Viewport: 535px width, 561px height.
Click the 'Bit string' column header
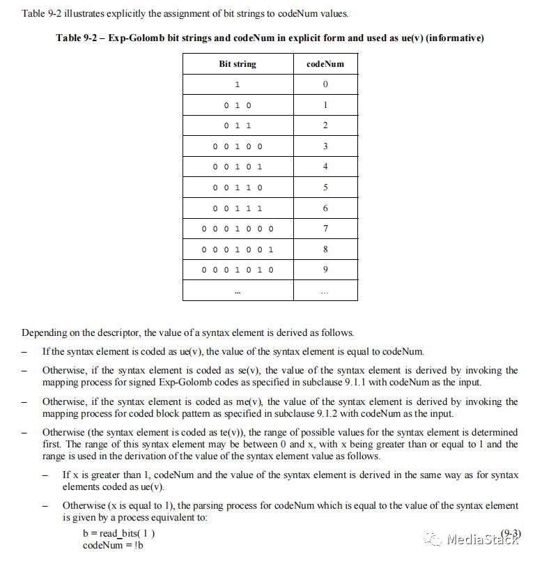pos(238,64)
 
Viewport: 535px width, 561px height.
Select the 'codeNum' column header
pos(325,64)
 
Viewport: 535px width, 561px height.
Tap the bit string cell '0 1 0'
pos(238,105)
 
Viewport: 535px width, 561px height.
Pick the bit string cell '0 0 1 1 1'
pos(238,208)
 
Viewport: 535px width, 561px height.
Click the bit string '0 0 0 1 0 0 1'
pos(238,249)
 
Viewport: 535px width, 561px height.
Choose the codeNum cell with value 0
pos(325,85)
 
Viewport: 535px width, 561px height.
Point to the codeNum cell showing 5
pos(325,187)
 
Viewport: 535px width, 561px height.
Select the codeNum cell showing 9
pos(325,270)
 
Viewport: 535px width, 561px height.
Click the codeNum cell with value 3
pos(325,146)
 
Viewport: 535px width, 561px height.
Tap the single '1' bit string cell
pos(238,85)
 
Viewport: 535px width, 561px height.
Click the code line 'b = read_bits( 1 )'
pos(118,534)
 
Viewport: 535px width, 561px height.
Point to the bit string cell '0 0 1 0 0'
pos(238,146)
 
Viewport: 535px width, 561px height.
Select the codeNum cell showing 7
pos(325,229)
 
